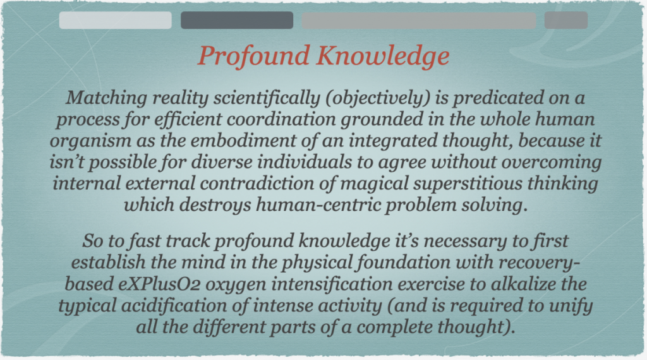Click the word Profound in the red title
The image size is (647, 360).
pos(254,56)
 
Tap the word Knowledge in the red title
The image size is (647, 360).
pos(383,56)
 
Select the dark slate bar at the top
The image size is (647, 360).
pos(237,20)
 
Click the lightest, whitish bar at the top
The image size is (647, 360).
pos(116,20)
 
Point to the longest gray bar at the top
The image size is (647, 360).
pos(419,20)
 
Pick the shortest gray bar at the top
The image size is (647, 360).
pos(566,20)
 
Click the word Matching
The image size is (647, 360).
pos(106,99)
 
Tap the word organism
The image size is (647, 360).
pos(90,141)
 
